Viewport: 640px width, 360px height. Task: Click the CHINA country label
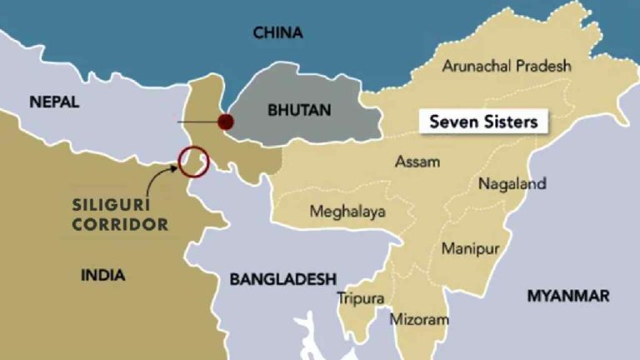pyautogui.click(x=277, y=33)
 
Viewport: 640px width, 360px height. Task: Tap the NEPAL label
pyautogui.click(x=54, y=102)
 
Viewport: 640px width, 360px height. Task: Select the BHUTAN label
pyautogui.click(x=299, y=110)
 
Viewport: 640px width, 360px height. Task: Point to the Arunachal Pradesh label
pyautogui.click(x=507, y=66)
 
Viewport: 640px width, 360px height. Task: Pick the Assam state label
pyautogui.click(x=417, y=162)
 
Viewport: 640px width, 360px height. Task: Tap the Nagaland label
pyautogui.click(x=512, y=183)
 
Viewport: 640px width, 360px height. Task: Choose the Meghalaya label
pyautogui.click(x=347, y=212)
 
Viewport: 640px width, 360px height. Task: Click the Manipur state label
pyautogui.click(x=470, y=249)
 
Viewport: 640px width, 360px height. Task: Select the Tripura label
pyautogui.click(x=361, y=297)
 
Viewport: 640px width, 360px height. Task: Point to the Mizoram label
pyautogui.click(x=419, y=319)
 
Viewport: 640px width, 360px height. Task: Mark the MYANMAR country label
pyautogui.click(x=567, y=296)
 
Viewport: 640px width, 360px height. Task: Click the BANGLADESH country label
pyautogui.click(x=282, y=279)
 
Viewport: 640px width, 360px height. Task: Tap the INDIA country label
pyautogui.click(x=103, y=275)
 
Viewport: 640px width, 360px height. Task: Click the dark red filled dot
pyautogui.click(x=225, y=122)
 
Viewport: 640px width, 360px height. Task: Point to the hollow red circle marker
pyautogui.click(x=193, y=160)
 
